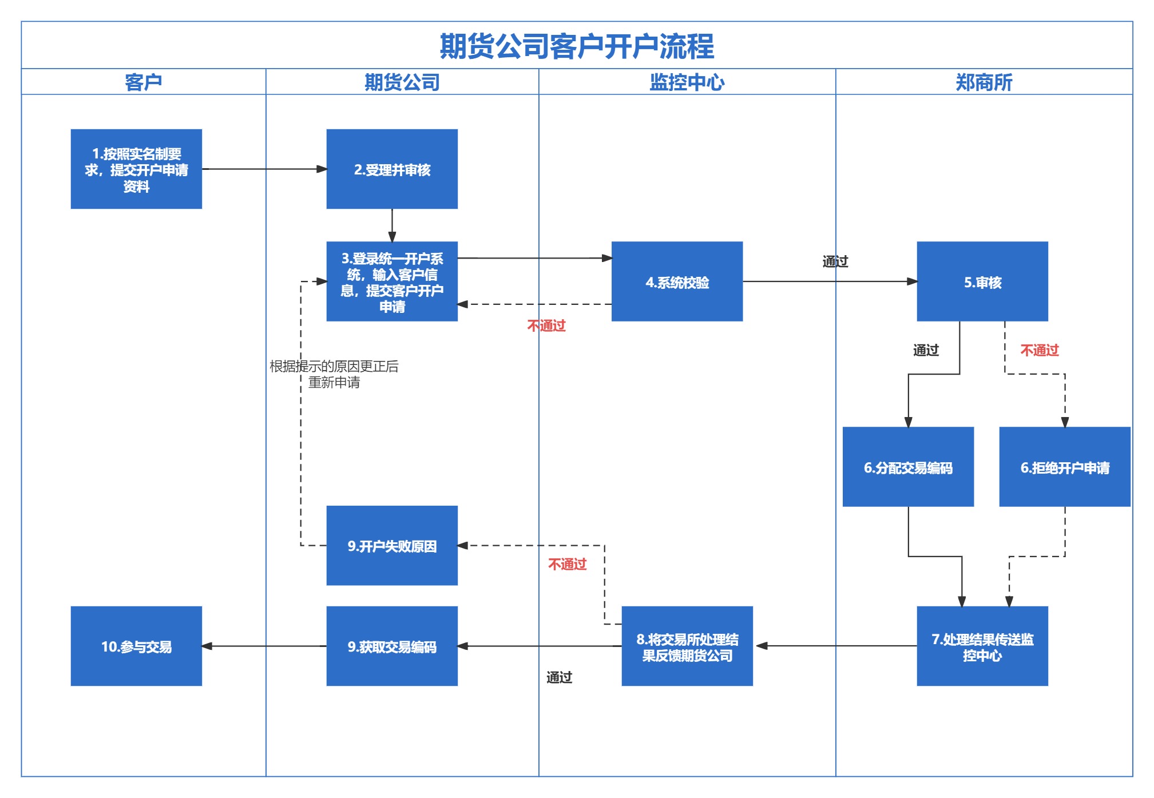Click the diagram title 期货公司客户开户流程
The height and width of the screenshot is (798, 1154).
577,46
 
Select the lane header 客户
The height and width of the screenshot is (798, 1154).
143,82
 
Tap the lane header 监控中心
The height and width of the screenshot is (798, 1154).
687,82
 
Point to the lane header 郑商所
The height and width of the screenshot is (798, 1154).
984,82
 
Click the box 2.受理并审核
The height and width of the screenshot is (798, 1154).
392,169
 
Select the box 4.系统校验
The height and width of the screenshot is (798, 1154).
677,281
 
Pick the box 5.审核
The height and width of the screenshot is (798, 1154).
982,281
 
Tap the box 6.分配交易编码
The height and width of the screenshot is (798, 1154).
908,467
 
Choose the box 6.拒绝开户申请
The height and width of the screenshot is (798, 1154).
1065,467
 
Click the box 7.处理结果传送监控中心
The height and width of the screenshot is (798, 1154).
982,646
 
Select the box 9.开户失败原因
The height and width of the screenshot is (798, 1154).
392,546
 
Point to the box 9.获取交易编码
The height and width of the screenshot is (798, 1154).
392,646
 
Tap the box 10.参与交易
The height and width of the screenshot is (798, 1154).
136,646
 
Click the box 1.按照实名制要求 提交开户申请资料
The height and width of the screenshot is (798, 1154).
136,169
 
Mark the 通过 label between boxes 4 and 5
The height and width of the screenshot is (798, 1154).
835,261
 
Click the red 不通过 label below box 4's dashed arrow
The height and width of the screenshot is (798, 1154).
546,326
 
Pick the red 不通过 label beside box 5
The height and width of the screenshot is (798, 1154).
1040,350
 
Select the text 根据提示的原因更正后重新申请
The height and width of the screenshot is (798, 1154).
334,374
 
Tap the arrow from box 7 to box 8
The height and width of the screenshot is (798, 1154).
835,646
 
